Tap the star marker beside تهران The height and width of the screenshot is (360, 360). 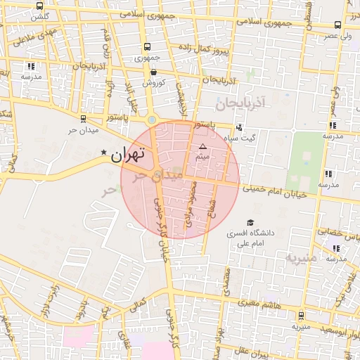click(105, 153)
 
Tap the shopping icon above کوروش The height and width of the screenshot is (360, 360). click(153, 71)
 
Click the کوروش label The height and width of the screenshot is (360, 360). click(153, 82)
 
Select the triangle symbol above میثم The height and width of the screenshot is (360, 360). click(202, 146)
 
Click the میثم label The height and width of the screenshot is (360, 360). click(202, 156)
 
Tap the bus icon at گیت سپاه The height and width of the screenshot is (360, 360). click(239, 128)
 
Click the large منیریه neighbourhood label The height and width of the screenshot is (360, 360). click(301, 258)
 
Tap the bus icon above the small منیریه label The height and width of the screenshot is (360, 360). click(301, 316)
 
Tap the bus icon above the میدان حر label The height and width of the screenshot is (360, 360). click(84, 119)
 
